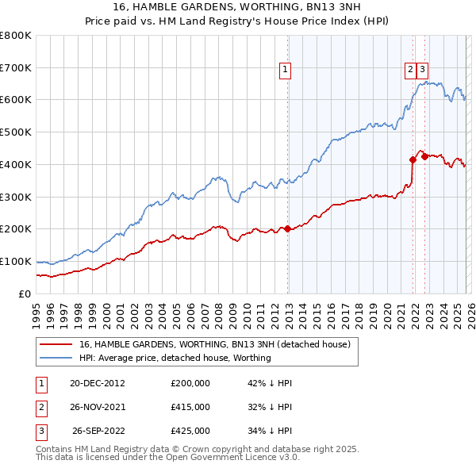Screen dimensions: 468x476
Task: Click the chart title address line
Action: tap(238, 7)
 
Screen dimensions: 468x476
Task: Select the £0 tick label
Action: tap(25, 293)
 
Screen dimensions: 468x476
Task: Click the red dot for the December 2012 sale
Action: tap(287, 228)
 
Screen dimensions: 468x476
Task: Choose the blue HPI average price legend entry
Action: tap(175, 358)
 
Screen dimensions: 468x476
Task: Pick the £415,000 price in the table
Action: tap(190, 406)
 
